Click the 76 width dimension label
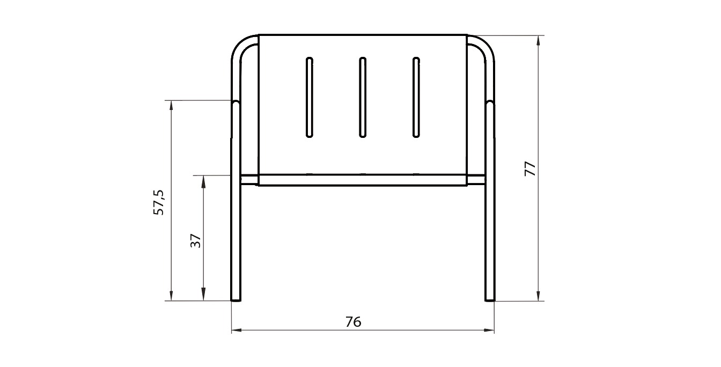[x=354, y=321]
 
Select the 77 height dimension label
[x=530, y=168]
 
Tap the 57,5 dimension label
[x=158, y=202]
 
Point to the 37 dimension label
[x=196, y=240]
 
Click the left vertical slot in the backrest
[x=310, y=98]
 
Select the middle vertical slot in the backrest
[x=363, y=98]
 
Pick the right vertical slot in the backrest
[x=416, y=98]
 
